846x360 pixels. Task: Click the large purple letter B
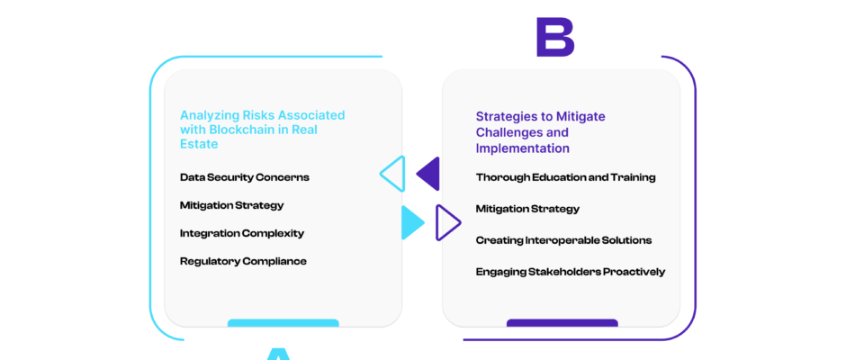[555, 37]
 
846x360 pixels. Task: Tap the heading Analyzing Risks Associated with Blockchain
[262, 130]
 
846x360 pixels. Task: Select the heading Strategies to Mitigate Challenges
[540, 132]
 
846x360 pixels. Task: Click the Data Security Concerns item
[245, 177]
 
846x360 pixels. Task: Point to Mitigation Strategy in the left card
[231, 205]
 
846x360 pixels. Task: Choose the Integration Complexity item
[242, 233]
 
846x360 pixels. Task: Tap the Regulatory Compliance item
[243, 261]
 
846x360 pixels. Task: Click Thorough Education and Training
[565, 177]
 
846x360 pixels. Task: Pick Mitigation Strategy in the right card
[527, 209]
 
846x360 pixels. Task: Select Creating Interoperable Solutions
[563, 240]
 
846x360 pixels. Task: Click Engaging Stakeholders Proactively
[571, 272]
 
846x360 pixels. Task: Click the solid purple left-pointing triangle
[430, 174]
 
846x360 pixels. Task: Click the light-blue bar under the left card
[283, 323]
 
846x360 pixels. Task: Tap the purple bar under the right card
[562, 323]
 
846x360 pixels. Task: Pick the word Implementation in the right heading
[522, 148]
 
